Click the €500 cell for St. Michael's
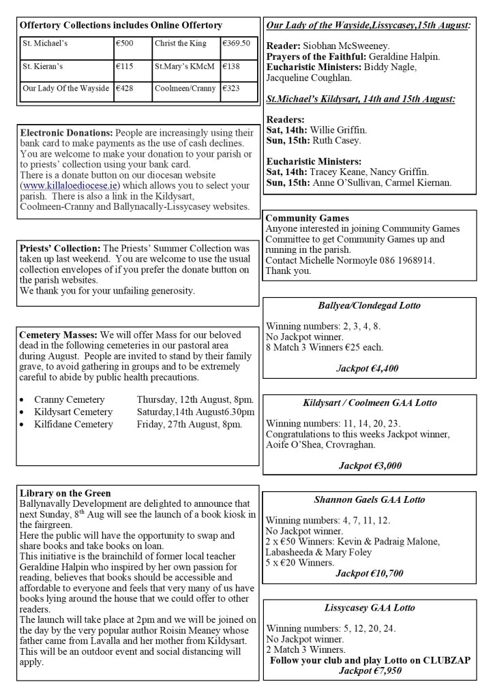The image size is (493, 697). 126,43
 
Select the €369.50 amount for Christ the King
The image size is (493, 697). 236,43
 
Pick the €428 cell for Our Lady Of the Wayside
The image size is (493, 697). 126,89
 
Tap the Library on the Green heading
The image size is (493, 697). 65,493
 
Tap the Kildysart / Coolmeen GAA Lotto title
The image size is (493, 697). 371,403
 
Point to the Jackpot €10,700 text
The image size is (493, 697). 369,573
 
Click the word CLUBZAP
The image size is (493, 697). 444,661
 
